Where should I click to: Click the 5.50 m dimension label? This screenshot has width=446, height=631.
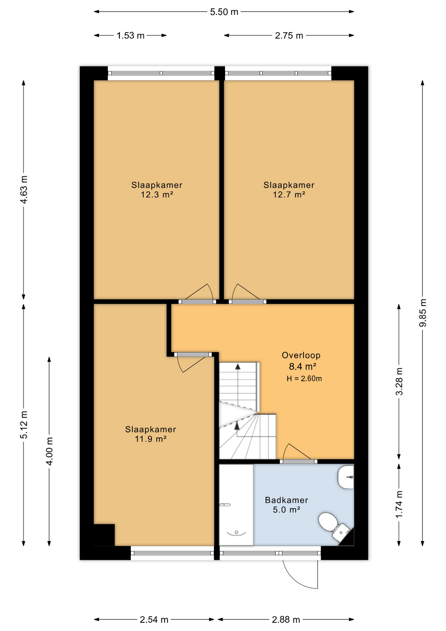(224, 12)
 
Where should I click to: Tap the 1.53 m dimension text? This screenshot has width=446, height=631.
(130, 36)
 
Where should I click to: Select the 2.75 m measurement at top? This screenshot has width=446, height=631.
(289, 36)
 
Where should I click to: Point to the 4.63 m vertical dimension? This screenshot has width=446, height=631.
(24, 190)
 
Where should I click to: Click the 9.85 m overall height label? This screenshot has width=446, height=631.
(423, 313)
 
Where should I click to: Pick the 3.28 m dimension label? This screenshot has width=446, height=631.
(399, 381)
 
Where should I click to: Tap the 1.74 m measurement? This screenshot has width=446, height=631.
(399, 504)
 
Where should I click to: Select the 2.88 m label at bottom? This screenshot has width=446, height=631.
(286, 620)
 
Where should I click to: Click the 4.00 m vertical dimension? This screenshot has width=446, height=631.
(49, 451)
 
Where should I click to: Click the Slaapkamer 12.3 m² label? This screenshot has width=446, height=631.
(157, 190)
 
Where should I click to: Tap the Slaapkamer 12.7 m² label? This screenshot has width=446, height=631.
(289, 190)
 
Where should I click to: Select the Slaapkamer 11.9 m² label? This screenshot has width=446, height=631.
(150, 434)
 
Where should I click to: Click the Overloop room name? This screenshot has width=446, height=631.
(301, 355)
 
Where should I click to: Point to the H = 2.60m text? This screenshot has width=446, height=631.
(304, 379)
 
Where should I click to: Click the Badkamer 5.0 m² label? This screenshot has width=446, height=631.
(286, 505)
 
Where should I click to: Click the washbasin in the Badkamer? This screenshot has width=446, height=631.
(346, 477)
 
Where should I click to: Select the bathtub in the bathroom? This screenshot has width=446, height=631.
(236, 505)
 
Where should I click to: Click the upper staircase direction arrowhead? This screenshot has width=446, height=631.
(237, 366)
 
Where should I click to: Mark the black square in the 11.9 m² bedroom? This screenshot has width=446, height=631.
(104, 535)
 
